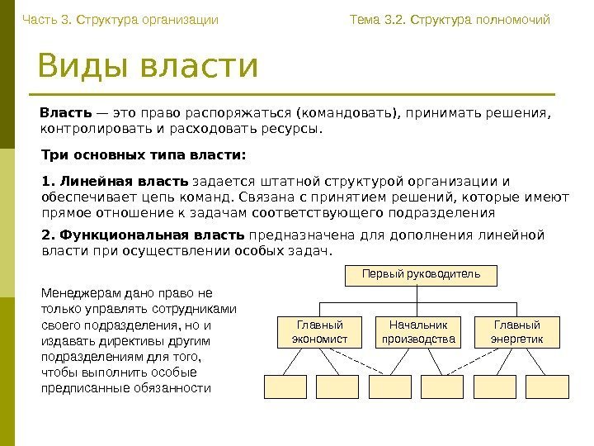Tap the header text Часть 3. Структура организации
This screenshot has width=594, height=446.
pyautogui.click(x=120, y=19)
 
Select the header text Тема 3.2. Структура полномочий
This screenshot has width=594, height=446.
pyautogui.click(x=450, y=19)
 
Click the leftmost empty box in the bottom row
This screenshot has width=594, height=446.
pyautogui.click(x=285, y=387)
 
